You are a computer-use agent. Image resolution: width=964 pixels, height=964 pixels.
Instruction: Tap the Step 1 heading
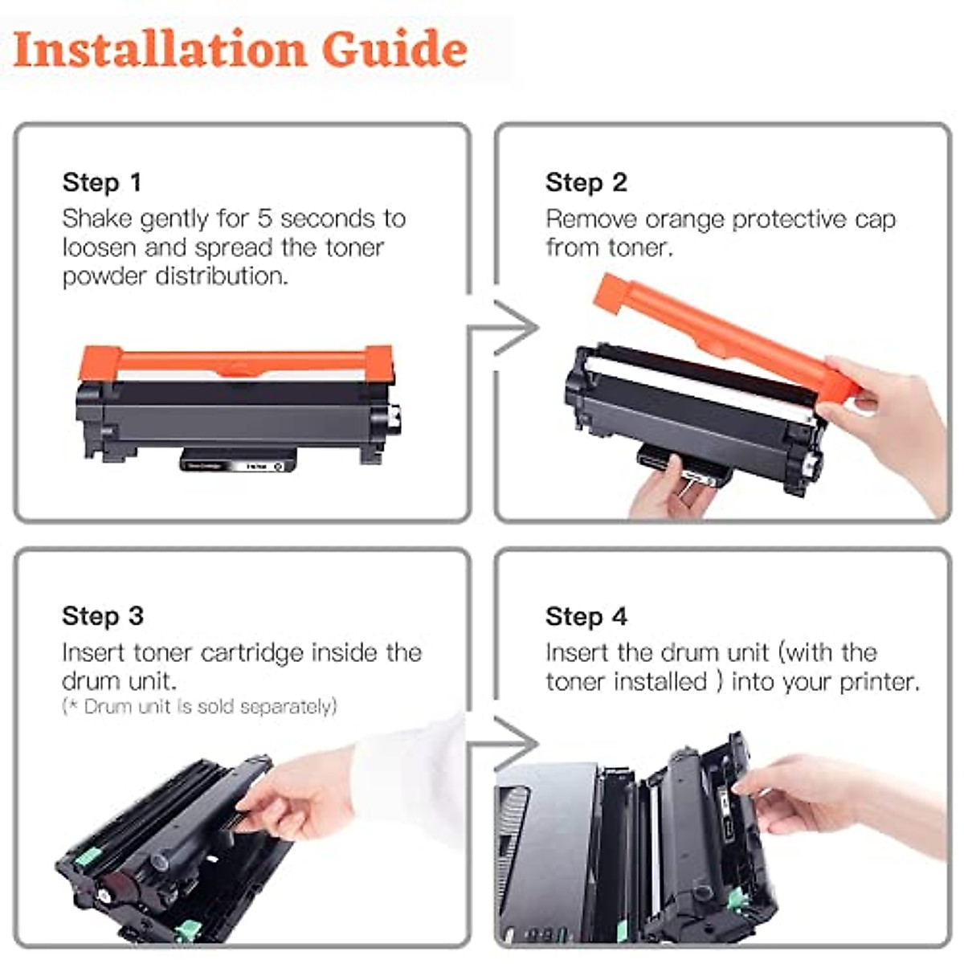[102, 182]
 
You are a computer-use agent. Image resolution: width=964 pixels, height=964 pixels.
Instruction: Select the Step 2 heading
[586, 182]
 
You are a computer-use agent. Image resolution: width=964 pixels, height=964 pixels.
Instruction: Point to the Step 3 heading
[103, 616]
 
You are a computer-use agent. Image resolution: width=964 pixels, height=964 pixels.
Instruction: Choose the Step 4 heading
[586, 616]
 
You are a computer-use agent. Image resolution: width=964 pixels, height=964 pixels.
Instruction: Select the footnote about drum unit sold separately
[199, 707]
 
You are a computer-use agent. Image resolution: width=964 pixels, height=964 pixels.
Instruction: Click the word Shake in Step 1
[96, 219]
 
